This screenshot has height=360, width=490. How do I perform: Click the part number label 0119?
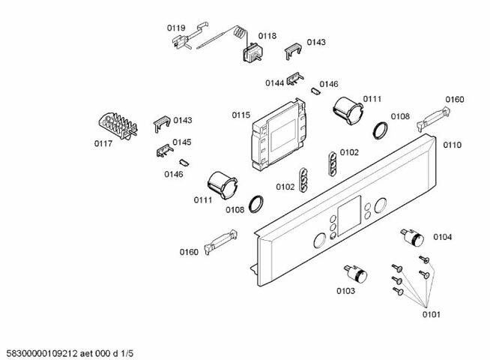tap(176, 28)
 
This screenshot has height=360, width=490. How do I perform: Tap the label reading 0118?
tap(267, 35)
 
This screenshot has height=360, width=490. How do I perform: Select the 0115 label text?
tap(241, 115)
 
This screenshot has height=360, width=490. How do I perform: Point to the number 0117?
tap(103, 143)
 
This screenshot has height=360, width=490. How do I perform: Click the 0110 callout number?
tap(452, 145)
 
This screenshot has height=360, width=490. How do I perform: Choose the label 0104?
tap(442, 237)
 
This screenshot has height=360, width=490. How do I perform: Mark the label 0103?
tap(345, 290)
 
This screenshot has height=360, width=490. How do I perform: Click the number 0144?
tap(274, 83)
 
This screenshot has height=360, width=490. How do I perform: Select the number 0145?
tap(182, 142)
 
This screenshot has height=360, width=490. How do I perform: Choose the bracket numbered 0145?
tap(162, 151)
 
